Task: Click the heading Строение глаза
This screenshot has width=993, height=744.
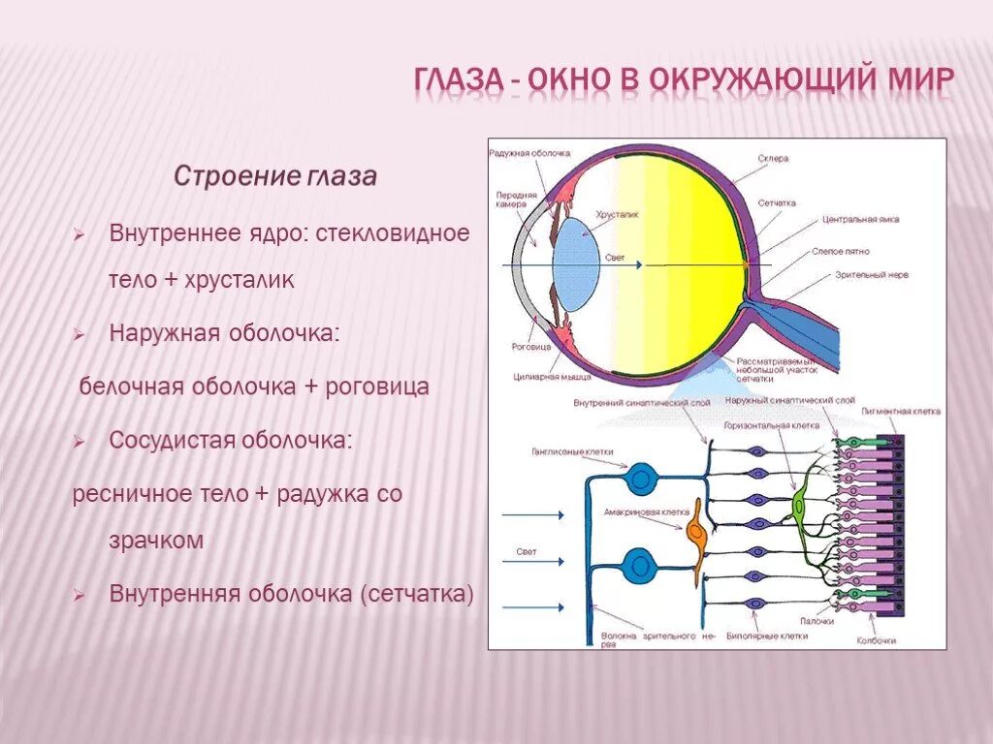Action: (274, 177)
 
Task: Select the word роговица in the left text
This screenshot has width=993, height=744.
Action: (380, 386)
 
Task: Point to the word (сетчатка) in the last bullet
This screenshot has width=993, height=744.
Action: (416, 593)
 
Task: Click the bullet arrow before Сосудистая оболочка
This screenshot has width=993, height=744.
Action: (81, 441)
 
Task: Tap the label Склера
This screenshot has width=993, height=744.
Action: (775, 158)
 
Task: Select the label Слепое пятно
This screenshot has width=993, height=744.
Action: (843, 251)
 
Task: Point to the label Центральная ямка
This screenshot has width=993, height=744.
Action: (860, 220)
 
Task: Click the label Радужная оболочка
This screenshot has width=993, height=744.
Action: (529, 153)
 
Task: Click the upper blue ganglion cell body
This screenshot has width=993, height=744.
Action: (639, 478)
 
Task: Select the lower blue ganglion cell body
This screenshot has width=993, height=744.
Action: (639, 561)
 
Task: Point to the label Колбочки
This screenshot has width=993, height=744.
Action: (876, 641)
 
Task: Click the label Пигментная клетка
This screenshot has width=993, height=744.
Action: (901, 412)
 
